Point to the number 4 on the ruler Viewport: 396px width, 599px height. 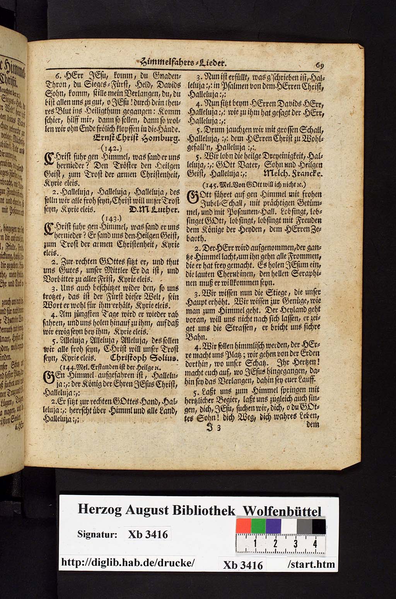[x=316, y=544]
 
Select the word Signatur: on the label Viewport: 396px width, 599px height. [x=97, y=535]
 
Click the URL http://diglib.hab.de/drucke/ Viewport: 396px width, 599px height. [x=128, y=563]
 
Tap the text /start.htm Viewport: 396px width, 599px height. [x=311, y=564]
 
